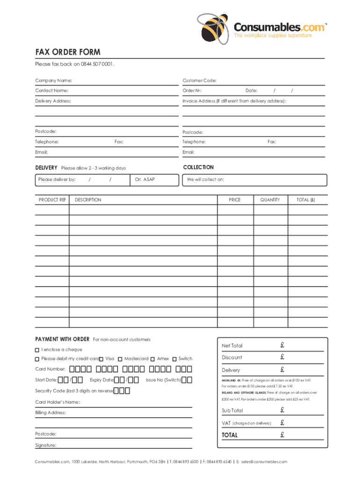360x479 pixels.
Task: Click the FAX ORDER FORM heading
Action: (x=68, y=52)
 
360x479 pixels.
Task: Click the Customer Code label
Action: (x=199, y=81)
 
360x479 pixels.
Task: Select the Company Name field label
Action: (x=53, y=81)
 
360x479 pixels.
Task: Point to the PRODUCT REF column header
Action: (x=52, y=200)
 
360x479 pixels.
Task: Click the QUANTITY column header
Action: (x=270, y=200)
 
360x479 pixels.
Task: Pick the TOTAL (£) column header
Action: (x=306, y=200)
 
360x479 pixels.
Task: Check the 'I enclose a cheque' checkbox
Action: (x=37, y=350)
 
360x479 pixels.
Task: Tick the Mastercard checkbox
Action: (x=120, y=359)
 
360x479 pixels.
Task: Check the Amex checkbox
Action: (x=152, y=359)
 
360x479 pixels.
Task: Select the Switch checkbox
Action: (x=174, y=359)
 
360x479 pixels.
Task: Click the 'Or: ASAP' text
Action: (x=144, y=179)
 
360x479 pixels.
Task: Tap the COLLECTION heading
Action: (x=198, y=167)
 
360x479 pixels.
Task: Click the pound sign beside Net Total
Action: (x=282, y=345)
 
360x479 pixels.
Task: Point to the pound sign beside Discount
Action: (x=282, y=357)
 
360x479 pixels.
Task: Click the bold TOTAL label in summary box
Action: (x=230, y=435)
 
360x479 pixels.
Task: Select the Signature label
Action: (x=46, y=445)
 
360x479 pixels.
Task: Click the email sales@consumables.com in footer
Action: (x=264, y=462)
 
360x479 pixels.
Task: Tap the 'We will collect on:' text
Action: (x=205, y=179)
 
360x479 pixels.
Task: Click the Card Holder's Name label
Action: (x=58, y=402)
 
